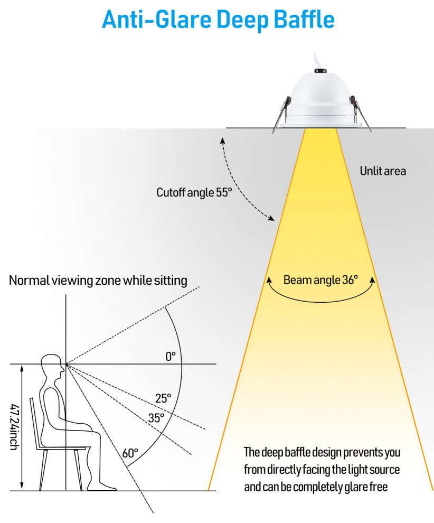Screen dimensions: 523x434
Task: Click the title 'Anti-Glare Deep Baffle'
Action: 218,20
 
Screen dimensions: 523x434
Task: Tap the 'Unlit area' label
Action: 383,171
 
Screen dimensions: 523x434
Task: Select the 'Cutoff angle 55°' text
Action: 194,192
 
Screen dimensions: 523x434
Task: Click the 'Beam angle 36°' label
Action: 320,280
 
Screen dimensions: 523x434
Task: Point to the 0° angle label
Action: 171,357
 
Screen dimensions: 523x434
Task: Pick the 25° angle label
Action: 163,398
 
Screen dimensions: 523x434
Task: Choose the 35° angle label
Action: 156,417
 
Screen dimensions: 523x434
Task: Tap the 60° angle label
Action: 130,453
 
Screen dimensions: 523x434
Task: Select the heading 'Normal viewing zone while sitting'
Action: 98,281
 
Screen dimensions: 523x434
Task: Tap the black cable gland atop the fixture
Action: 320,70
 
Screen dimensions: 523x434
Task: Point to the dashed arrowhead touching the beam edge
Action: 271,218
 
